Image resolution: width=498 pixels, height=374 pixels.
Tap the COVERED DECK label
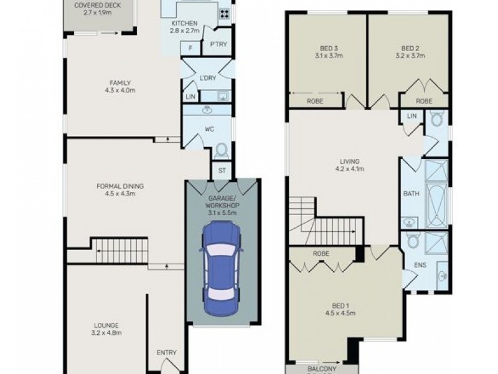pyautogui.click(x=97, y=6)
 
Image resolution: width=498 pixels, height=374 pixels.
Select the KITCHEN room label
pyautogui.click(x=184, y=25)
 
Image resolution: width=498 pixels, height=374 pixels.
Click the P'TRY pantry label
pyautogui.click(x=218, y=44)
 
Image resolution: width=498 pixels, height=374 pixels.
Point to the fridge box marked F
pyautogui.click(x=189, y=48)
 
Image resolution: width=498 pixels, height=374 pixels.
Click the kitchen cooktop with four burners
pyautogui.click(x=223, y=14)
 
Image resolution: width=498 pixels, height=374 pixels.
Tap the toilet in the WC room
pyautogui.click(x=220, y=151)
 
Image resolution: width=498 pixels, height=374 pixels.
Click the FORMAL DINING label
pyautogui.click(x=120, y=186)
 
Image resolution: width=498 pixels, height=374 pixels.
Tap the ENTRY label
pyautogui.click(x=166, y=353)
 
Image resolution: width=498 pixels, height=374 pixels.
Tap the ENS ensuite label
pyautogui.click(x=411, y=264)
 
